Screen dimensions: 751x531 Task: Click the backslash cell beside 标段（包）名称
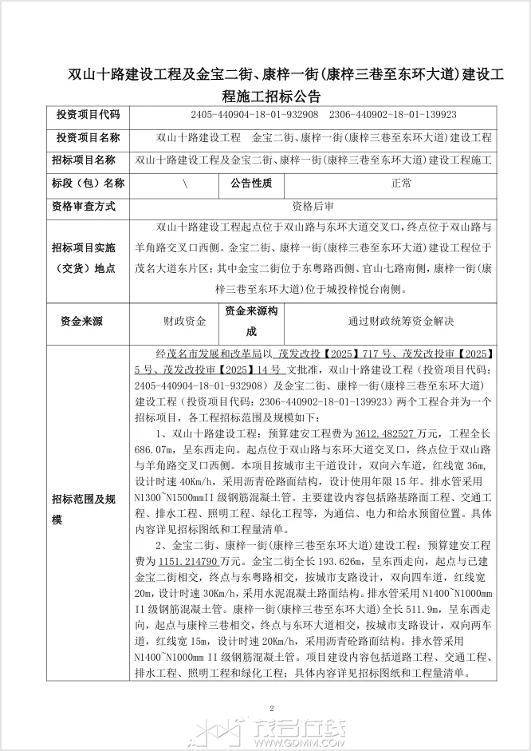[184, 184]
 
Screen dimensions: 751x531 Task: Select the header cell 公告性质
[252, 184]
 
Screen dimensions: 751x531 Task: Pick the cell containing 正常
[401, 184]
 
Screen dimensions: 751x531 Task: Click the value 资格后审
[313, 206]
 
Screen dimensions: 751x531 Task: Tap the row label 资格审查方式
[84, 206]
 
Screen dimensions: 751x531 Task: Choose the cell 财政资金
[184, 322]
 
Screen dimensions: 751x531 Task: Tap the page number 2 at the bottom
[271, 709]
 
